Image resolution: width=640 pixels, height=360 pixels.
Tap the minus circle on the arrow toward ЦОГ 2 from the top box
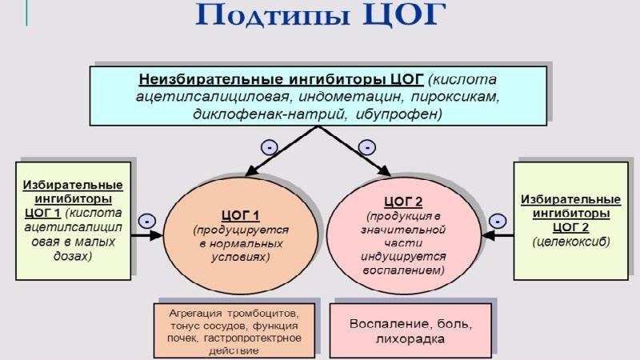coord(367,147)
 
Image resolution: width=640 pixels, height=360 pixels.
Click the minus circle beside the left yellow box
coord(146,220)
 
